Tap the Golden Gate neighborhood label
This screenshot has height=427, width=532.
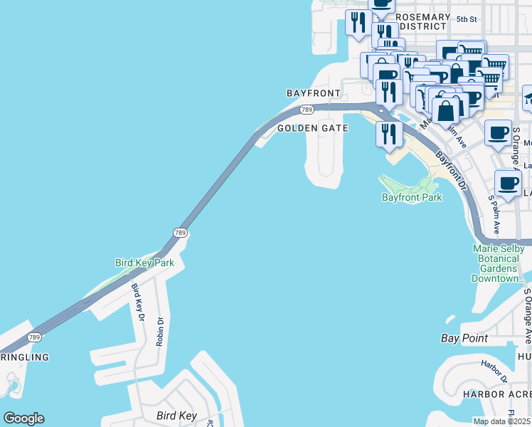[312, 128]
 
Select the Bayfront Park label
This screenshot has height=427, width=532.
[412, 197]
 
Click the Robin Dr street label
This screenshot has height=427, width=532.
[160, 331]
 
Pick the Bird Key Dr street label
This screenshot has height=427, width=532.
[137, 302]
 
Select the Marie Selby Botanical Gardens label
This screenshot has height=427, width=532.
[498, 263]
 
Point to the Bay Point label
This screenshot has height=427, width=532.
[464, 339]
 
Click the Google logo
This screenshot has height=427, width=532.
[23, 418]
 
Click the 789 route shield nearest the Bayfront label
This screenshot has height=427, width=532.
[307, 109]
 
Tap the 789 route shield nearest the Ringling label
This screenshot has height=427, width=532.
[33, 337]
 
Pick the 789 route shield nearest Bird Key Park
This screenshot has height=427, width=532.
[180, 233]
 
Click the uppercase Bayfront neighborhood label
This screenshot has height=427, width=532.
[314, 93]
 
